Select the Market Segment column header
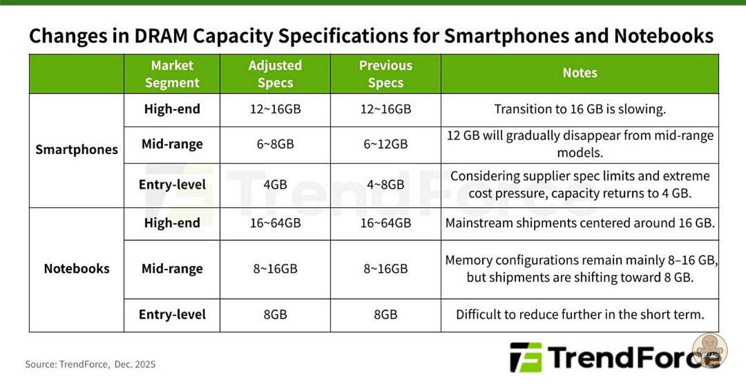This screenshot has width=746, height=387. (x=172, y=74)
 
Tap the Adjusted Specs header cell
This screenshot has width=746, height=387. (x=275, y=74)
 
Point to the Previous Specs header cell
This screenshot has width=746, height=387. (x=386, y=74)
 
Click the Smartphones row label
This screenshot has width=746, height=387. (x=76, y=149)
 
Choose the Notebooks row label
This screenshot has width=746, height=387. (x=76, y=269)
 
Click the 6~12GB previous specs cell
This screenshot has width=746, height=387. (x=386, y=144)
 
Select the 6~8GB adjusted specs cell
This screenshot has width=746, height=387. (x=275, y=144)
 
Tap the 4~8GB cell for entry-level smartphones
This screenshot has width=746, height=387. (x=386, y=184)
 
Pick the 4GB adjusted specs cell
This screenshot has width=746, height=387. (x=275, y=184)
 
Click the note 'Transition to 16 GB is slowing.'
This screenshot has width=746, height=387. (x=580, y=109)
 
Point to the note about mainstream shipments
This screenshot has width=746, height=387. (x=580, y=223)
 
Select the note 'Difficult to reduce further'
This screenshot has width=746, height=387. (x=580, y=314)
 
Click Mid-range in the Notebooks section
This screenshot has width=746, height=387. (x=172, y=269)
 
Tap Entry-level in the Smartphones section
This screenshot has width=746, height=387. (x=172, y=184)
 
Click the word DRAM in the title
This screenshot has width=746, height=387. (x=161, y=36)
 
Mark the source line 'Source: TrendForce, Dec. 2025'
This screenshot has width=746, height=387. (x=90, y=364)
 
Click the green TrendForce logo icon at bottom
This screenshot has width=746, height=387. (x=526, y=357)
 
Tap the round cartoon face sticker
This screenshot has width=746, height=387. (x=710, y=351)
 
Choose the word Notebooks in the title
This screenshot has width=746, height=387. (x=664, y=36)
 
